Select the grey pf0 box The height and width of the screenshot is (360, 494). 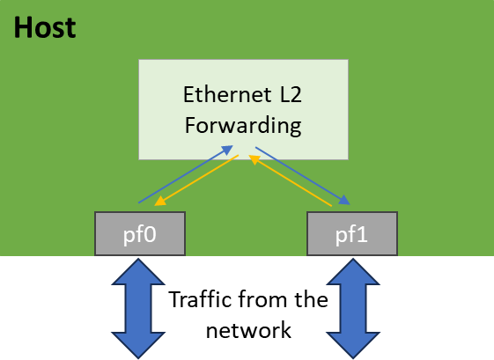pos(139,234)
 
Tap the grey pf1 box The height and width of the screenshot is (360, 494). pos(351,234)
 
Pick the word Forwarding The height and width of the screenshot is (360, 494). pos(242,125)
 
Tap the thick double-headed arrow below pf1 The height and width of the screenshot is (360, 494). pos(352,307)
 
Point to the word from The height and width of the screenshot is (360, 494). pos(262,299)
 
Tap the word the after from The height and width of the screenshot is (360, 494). pos(311,299)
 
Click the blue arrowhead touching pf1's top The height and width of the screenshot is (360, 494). pos(345,201)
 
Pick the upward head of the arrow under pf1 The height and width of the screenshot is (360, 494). pos(352,271)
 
